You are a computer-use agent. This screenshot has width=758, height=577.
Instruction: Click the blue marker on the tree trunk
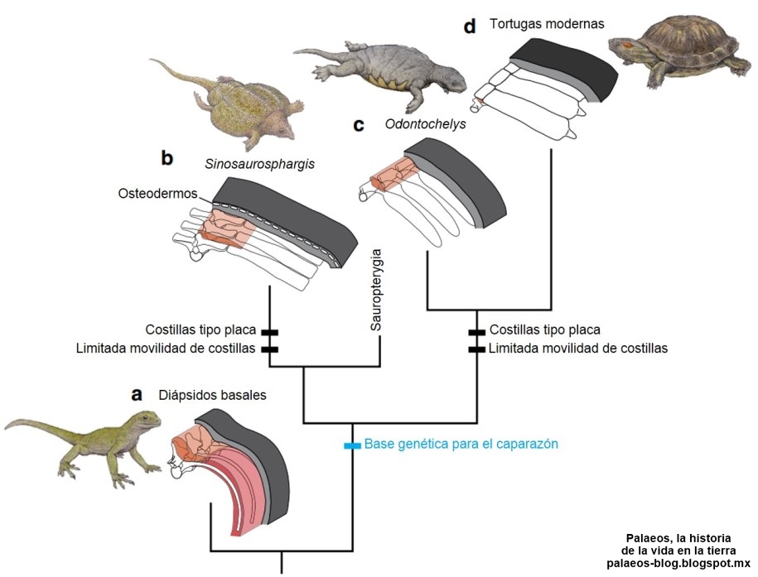click(353, 445)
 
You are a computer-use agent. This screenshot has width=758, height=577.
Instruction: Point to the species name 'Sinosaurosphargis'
click(261, 164)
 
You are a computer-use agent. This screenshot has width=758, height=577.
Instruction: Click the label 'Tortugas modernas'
click(546, 24)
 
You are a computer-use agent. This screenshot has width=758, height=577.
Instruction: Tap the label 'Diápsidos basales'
click(213, 395)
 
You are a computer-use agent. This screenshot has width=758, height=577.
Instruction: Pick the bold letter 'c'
click(358, 125)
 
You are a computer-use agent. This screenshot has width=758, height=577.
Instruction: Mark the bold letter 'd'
click(470, 26)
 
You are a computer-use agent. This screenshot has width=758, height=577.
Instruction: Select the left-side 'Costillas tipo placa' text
click(200, 329)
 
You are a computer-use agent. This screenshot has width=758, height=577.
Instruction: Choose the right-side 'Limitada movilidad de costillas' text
click(577, 349)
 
